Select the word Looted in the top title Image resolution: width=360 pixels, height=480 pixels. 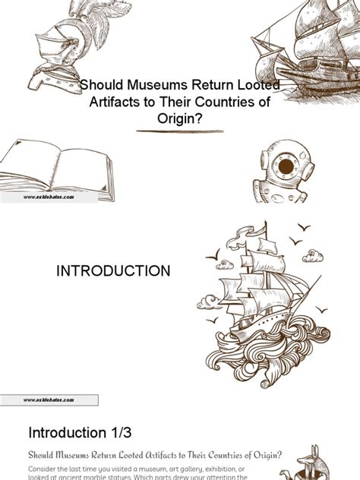pos(254,87)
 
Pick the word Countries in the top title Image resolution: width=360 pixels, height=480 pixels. pos(228,103)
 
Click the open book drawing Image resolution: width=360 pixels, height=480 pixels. pos(56,169)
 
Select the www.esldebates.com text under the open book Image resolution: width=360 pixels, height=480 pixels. pos(49,197)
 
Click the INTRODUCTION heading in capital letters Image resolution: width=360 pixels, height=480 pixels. pos(115,271)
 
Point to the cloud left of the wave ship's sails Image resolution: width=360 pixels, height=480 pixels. pos(224,265)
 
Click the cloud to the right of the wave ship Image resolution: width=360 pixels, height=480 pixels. pos(312,256)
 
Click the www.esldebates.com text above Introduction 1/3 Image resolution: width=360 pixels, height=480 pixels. pos(49,399)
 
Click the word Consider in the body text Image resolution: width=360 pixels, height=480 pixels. pos(50,466)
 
